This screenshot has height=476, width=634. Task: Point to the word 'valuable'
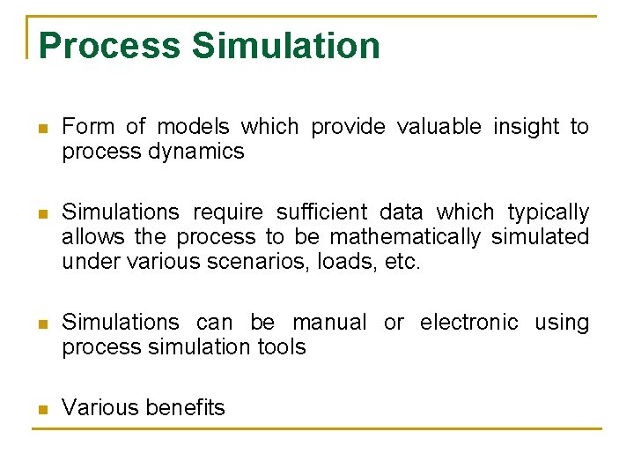439,127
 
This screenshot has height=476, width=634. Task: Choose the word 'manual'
329,323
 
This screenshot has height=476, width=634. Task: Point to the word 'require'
227,213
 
